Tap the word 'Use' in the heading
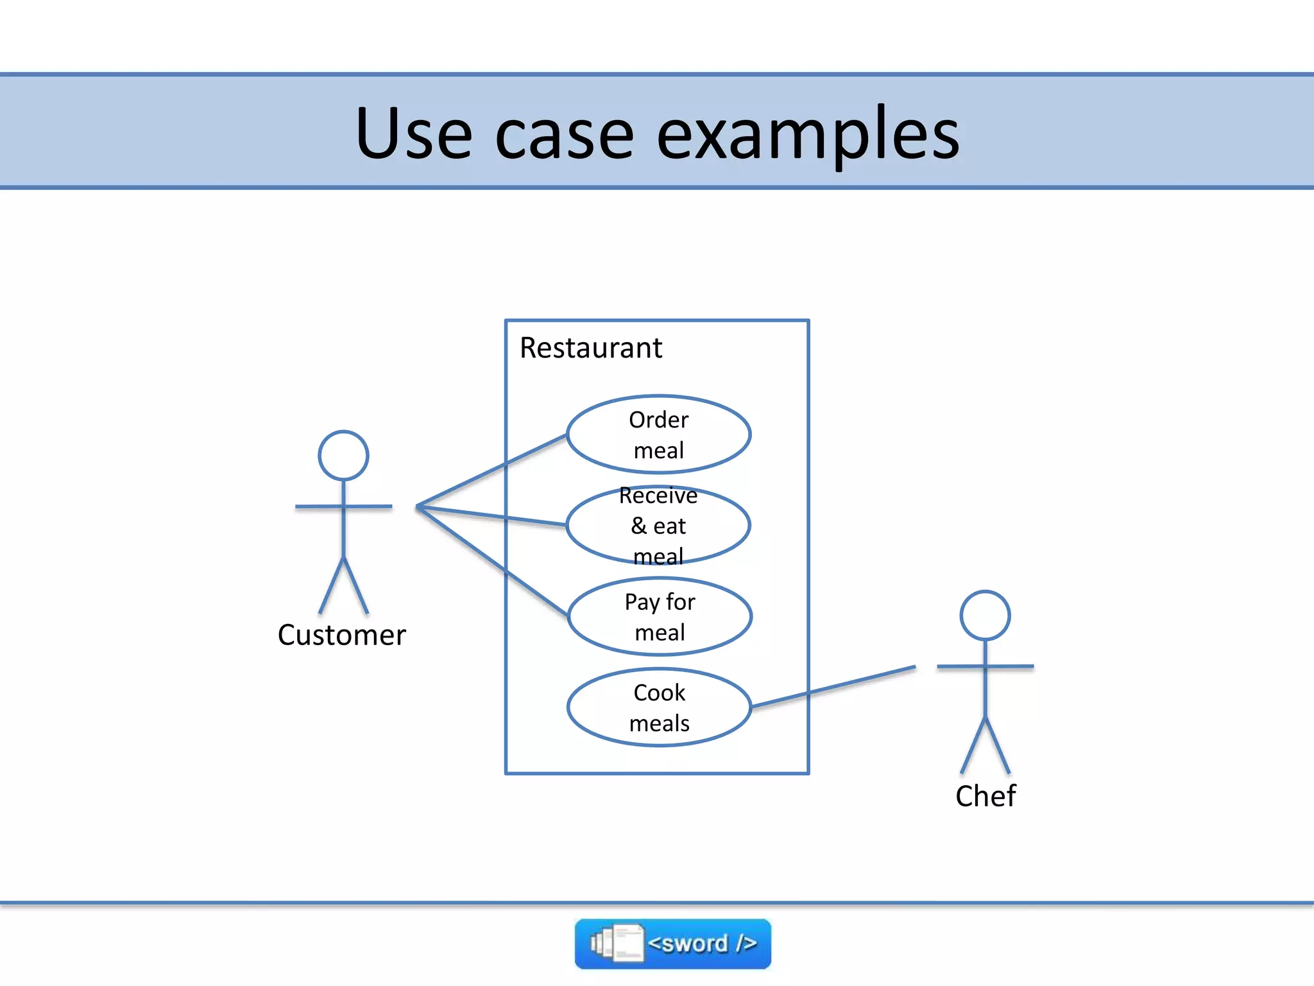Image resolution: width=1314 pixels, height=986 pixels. [x=414, y=135]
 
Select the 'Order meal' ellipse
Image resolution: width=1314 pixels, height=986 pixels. [x=659, y=435]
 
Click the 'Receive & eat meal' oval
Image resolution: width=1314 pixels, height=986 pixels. [x=659, y=526]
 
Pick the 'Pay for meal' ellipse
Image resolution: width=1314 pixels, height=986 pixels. [x=660, y=617]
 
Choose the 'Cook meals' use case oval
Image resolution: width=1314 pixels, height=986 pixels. [x=659, y=707]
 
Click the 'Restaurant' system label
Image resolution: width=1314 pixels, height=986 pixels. [x=590, y=348]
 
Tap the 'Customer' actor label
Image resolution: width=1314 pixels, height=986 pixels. [x=341, y=635]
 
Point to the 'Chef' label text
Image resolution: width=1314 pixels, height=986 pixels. [x=985, y=796]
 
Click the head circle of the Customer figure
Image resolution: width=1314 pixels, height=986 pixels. [x=343, y=455]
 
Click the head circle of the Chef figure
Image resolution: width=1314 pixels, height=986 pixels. [x=985, y=615]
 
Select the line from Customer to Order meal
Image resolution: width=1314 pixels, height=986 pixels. [x=491, y=471]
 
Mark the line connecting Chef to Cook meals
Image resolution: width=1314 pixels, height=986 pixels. [x=834, y=687]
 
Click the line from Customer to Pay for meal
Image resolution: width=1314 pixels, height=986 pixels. [x=491, y=560]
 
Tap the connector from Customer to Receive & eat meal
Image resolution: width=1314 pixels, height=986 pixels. [x=491, y=515]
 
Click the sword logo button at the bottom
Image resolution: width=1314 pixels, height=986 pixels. [x=672, y=944]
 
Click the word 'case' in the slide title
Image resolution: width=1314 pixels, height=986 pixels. [x=565, y=135]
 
